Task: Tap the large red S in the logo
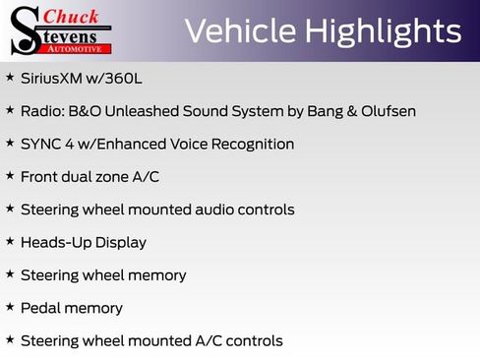click(x=26, y=30)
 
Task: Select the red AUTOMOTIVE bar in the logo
click(x=80, y=47)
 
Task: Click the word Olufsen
click(x=388, y=111)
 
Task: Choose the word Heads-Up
click(x=53, y=242)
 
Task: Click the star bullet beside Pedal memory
click(x=10, y=307)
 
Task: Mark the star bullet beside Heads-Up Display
click(x=10, y=241)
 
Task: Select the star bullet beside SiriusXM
click(x=10, y=77)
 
